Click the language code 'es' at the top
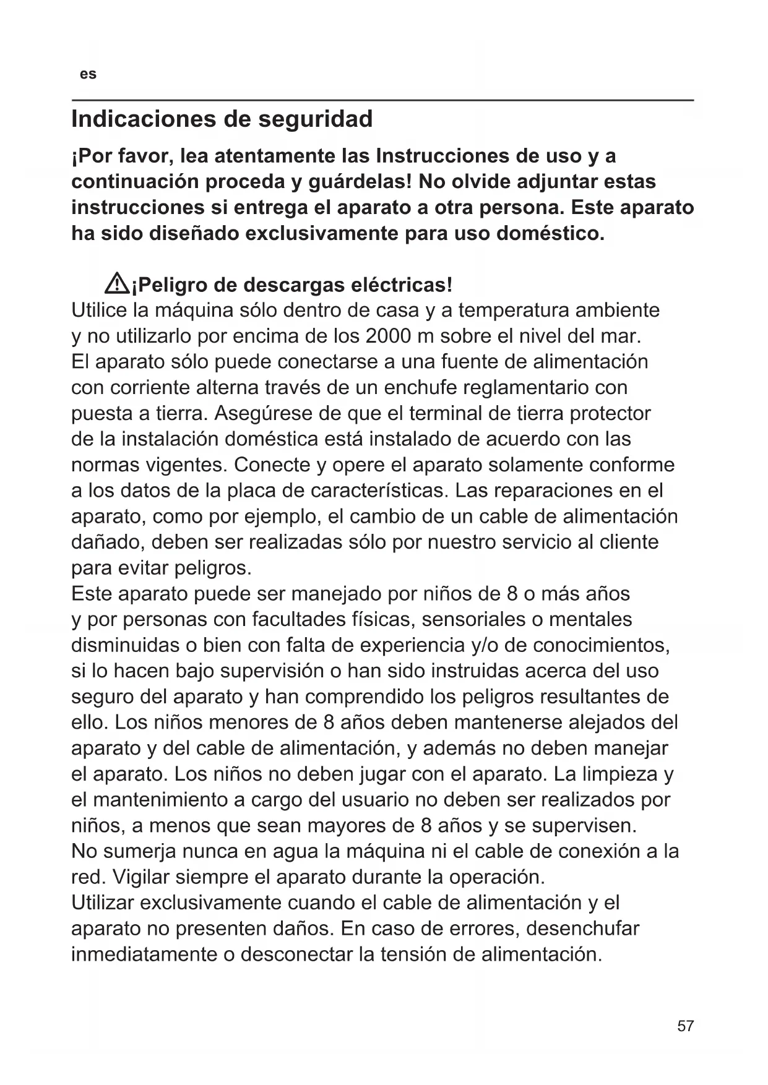(88, 74)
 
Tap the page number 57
(685, 1026)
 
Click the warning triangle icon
(116, 285)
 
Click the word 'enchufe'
(420, 388)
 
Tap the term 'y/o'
(485, 645)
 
